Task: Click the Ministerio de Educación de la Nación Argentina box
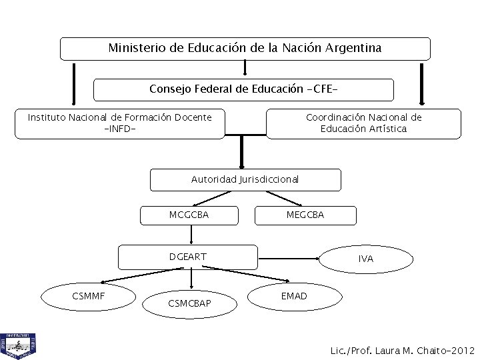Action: pos(245,49)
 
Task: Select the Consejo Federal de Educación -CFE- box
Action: pos(243,89)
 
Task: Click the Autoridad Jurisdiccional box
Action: pos(245,179)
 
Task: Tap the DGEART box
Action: pos(188,256)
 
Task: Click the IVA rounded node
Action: pos(365,258)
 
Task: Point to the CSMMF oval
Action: pos(89,295)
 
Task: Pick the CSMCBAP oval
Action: pos(190,304)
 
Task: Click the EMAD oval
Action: pos(294,295)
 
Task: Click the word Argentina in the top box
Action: pos(357,49)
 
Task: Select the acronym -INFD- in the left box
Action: pos(120,129)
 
